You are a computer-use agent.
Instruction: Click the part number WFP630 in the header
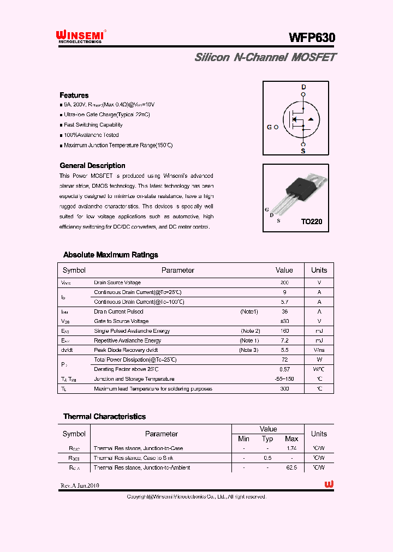tap(312, 37)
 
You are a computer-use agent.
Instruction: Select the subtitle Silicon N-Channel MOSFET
tap(265, 57)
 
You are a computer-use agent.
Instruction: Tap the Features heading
tap(74, 95)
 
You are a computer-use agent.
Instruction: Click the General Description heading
tap(92, 165)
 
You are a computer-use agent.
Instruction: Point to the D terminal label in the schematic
tap(303, 87)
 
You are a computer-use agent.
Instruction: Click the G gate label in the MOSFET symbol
tap(269, 127)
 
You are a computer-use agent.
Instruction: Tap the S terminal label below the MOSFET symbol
tap(303, 151)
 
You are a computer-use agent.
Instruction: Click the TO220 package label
tap(312, 222)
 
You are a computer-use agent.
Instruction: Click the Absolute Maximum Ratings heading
tap(111, 255)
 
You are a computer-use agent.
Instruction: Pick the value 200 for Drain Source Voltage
tap(284, 283)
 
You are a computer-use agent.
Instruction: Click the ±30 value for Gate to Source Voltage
tap(284, 321)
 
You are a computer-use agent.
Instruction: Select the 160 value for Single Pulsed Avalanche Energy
tap(284, 331)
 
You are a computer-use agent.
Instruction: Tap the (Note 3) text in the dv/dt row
tap(249, 350)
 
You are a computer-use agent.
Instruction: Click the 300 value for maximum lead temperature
tap(284, 389)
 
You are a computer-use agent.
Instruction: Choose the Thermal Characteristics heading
tap(104, 416)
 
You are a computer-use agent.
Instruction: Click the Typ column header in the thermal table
tap(267, 439)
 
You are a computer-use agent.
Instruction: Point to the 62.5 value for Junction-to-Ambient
tap(291, 467)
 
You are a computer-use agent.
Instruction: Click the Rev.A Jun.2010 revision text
tap(80, 485)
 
